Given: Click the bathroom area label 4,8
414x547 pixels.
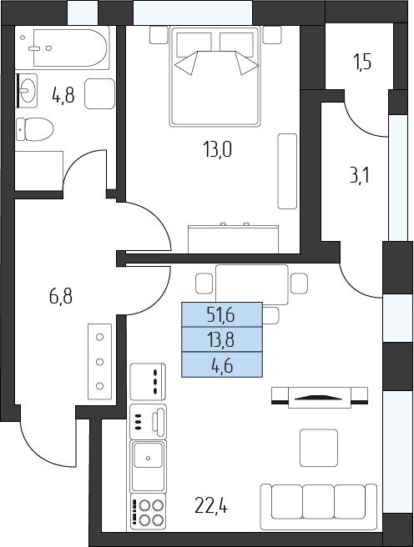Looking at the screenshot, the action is pos(63,95).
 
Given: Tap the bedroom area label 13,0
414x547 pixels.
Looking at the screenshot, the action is pos(217,150).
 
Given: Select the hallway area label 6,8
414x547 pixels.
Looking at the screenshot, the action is pos(61,297).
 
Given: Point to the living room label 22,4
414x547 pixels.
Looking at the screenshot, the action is pos(211,506).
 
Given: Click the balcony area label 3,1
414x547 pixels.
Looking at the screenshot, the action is pos(360,175).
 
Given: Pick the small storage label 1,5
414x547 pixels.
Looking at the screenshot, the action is pos(363,63).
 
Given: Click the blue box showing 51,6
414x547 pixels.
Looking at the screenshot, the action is pos(222,314).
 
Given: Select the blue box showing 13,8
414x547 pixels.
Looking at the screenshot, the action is pos(222,339).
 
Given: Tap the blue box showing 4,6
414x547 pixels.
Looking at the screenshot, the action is pos(222,365).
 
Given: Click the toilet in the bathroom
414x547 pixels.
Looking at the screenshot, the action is pos(34,129).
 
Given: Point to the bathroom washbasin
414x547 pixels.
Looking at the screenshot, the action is pos(27,90).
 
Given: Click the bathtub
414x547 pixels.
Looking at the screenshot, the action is pos(71,48).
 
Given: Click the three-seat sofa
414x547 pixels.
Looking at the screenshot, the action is pos(319,507).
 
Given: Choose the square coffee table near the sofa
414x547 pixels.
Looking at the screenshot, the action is pos(319,448).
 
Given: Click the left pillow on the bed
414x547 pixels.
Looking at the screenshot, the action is pos(194,45).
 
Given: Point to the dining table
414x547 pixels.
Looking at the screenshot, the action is pos(252,284).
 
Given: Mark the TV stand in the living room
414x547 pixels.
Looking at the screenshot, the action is pos(320,397).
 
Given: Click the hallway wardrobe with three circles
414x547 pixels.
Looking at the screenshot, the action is pos(100,361).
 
